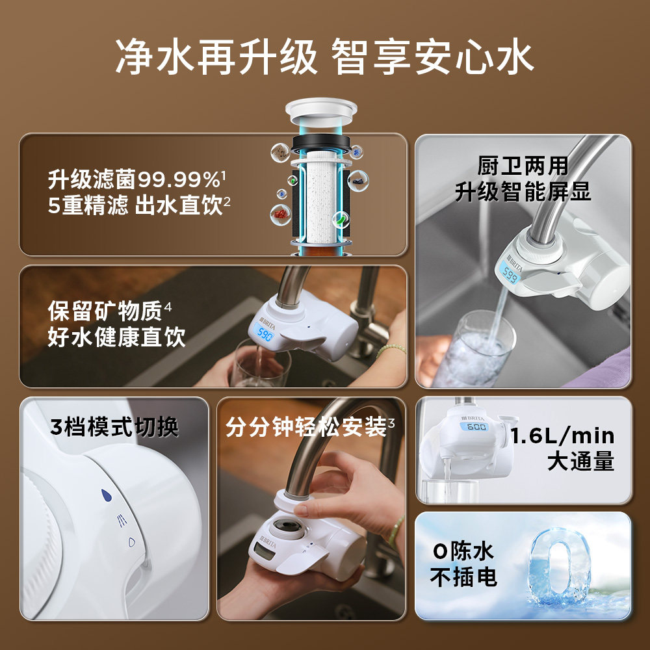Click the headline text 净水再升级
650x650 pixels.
(x=216, y=57)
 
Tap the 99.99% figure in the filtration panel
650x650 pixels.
(x=179, y=179)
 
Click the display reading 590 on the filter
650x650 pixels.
(x=264, y=333)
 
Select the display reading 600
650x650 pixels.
(x=476, y=426)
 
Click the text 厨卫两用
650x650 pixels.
(x=523, y=166)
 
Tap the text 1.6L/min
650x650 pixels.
(x=562, y=435)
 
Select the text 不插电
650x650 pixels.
(x=463, y=577)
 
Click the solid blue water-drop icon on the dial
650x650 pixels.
(x=107, y=495)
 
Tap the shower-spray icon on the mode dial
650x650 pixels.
(x=122, y=520)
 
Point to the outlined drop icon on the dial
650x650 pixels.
(x=131, y=542)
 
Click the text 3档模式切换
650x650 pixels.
(x=114, y=426)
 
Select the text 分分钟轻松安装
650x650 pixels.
(x=306, y=426)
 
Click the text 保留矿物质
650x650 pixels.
(x=105, y=311)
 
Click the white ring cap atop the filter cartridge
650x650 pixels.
(x=321, y=112)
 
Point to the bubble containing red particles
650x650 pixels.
(x=281, y=214)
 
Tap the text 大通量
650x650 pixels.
(x=580, y=461)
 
